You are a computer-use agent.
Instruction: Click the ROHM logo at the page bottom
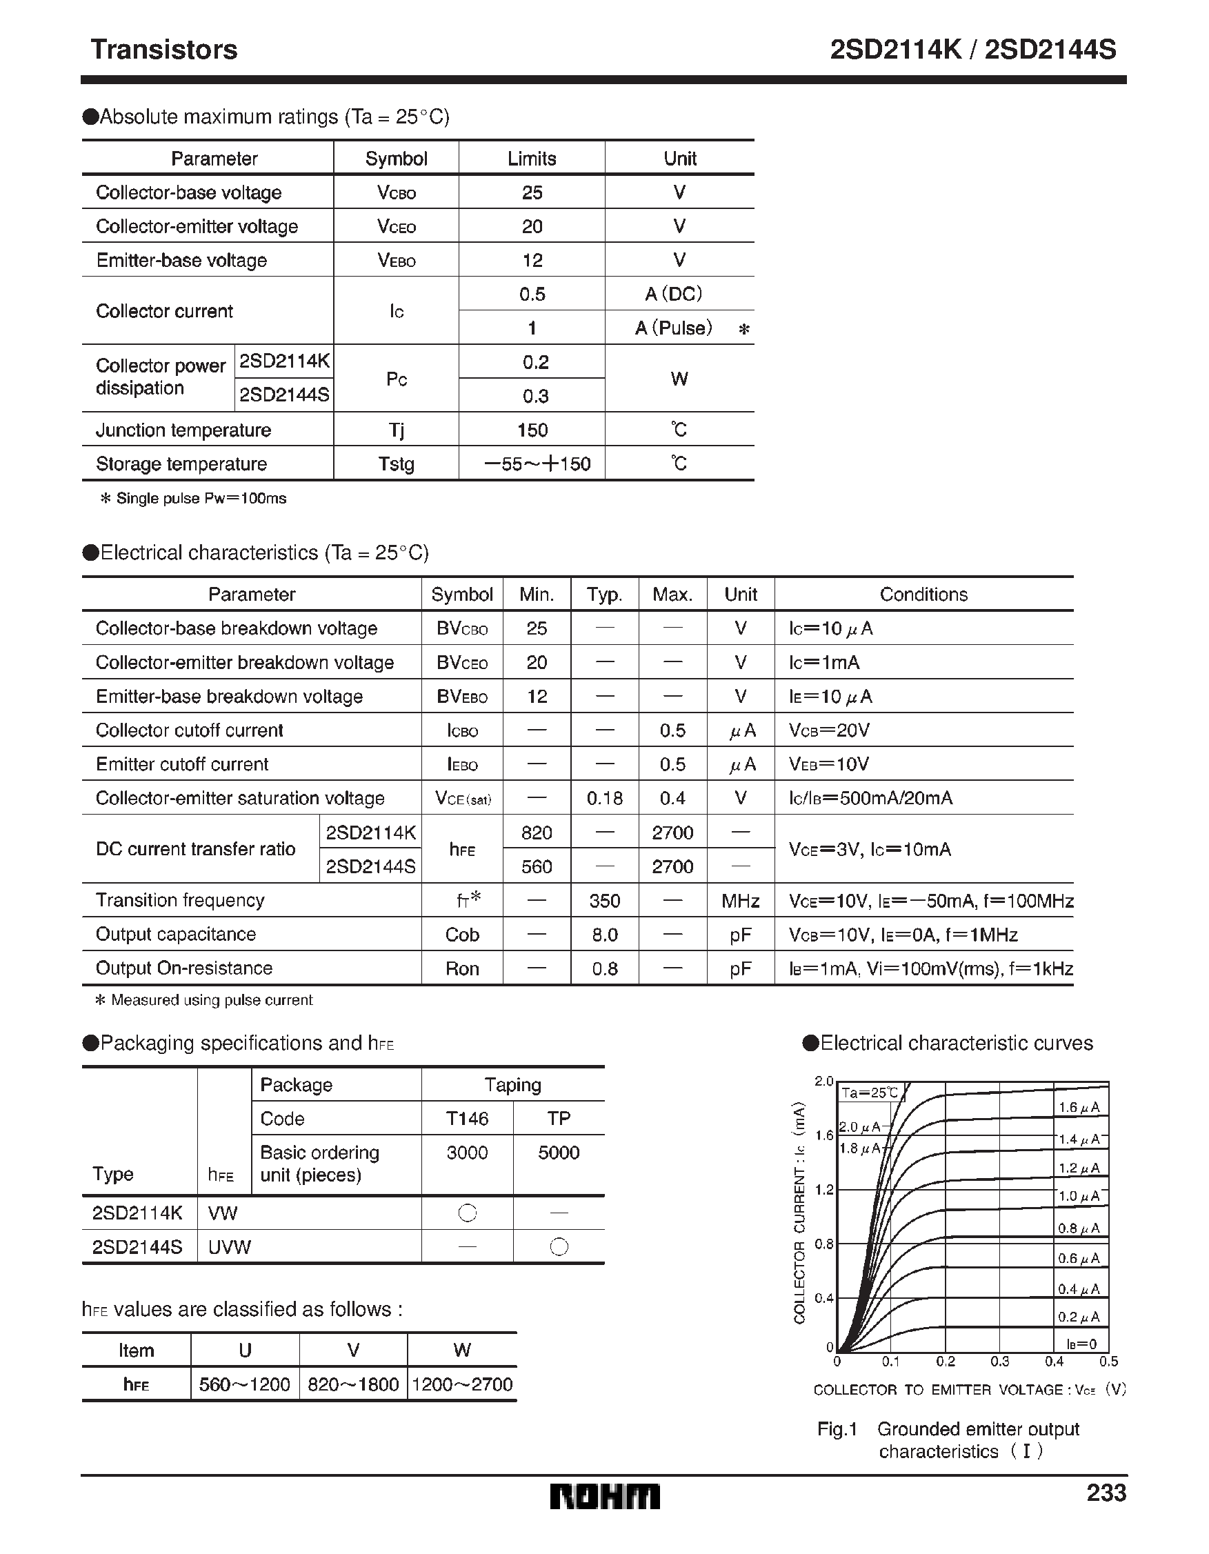[x=604, y=1497]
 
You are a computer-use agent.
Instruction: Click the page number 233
[x=1106, y=1493]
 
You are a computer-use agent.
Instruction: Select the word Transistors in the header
[x=163, y=50]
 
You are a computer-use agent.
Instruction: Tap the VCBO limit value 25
[x=532, y=192]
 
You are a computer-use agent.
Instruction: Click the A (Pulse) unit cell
[x=674, y=328]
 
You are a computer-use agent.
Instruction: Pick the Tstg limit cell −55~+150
[x=537, y=464]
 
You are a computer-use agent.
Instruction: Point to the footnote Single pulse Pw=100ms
[x=193, y=498]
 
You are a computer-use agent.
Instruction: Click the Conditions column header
[x=923, y=594]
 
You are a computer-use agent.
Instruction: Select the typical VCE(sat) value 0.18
[x=604, y=798]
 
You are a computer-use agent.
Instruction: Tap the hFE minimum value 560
[x=537, y=866]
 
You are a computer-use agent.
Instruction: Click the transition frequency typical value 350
[x=604, y=901]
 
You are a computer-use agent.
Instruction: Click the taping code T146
[x=467, y=1119]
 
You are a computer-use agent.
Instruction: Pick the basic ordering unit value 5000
[x=559, y=1153]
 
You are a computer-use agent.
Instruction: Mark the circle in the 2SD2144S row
[x=559, y=1246]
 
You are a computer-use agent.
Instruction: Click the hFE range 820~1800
[x=353, y=1384]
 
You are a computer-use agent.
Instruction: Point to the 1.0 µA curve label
[x=1079, y=1197]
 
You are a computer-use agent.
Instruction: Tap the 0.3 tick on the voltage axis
[x=999, y=1362]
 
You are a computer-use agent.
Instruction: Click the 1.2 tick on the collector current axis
[x=823, y=1190]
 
